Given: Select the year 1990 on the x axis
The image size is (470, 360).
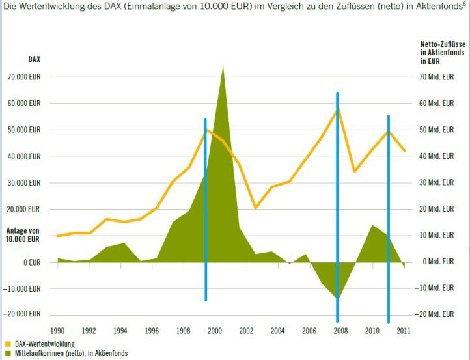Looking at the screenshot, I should tap(58, 331).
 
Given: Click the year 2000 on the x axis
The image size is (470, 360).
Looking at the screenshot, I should tap(214, 331).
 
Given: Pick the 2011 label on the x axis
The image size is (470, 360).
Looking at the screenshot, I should tap(404, 331).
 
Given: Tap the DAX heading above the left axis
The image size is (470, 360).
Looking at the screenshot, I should tap(35, 59).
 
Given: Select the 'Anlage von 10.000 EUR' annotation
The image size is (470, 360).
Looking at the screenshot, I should tap(23, 234).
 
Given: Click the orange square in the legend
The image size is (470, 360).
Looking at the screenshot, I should tap(8, 343).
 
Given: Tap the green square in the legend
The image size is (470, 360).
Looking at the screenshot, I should tap(8, 353).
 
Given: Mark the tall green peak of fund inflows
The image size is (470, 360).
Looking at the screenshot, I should tap(223, 68).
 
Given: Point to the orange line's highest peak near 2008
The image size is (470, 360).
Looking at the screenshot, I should tap(337, 109).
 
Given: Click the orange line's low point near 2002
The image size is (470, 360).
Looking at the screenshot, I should tap(255, 207).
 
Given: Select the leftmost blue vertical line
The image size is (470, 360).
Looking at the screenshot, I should tap(206, 208).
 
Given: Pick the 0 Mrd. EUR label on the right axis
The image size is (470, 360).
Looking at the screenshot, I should tap(437, 262).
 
